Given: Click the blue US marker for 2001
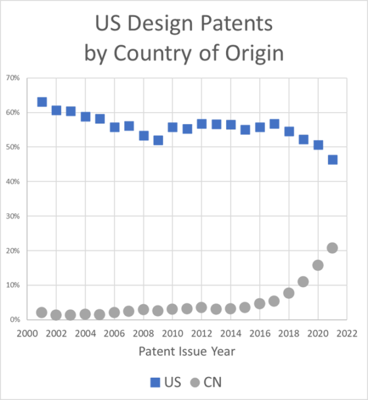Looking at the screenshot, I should tap(42, 102).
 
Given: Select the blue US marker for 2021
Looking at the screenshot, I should tap(333, 160).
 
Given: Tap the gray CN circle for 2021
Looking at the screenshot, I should tap(333, 248).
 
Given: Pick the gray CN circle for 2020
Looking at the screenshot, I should tap(318, 265).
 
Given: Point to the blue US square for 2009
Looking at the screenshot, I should tap(158, 140).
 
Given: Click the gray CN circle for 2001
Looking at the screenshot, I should tap(42, 313).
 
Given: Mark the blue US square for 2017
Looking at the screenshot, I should tap(274, 124).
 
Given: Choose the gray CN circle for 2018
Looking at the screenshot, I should tap(289, 293).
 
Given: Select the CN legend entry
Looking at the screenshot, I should tap(204, 380).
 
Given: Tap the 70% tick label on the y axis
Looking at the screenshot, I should tap(14, 78).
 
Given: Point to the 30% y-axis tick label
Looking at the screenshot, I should tap(14, 216).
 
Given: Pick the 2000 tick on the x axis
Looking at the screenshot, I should tap(28, 333).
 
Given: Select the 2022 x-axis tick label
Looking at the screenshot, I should tap(347, 333).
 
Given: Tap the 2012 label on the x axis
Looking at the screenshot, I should tap(202, 333).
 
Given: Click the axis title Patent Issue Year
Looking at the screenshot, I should tap(187, 351).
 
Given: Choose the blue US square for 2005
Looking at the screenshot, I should tap(100, 119).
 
